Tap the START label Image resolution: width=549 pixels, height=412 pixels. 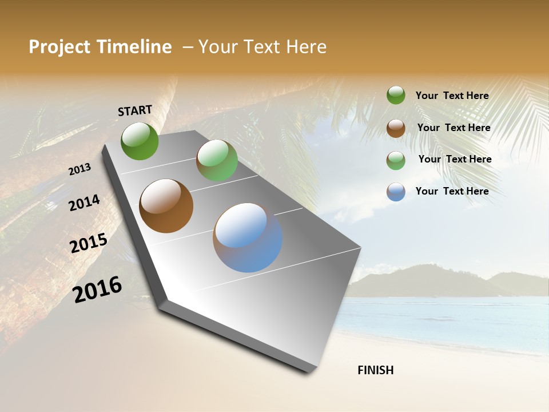click(x=135, y=110)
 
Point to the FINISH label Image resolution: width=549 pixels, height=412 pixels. click(x=375, y=370)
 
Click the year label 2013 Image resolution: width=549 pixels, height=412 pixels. click(x=80, y=169)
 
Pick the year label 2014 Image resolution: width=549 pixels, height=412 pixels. click(x=85, y=203)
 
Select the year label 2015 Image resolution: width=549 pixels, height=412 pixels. click(x=89, y=243)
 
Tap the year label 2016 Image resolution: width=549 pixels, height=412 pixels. click(x=98, y=289)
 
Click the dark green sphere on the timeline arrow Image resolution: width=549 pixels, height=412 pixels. click(x=140, y=141)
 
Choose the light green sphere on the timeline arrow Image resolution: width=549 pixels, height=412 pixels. click(x=217, y=160)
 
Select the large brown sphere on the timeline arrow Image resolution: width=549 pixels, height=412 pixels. click(x=166, y=206)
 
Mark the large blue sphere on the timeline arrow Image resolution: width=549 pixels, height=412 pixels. click(x=248, y=237)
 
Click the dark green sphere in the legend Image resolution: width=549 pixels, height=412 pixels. click(x=396, y=95)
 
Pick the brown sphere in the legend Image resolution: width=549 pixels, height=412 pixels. click(x=396, y=128)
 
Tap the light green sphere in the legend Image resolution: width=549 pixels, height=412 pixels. click(x=396, y=160)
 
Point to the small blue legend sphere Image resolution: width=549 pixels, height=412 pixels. click(x=396, y=192)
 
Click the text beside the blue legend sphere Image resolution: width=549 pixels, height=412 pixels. click(x=452, y=191)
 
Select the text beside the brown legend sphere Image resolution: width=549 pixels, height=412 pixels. click(x=453, y=128)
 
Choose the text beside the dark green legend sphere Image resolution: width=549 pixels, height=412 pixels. click(x=452, y=96)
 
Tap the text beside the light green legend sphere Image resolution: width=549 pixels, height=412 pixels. click(x=455, y=159)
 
